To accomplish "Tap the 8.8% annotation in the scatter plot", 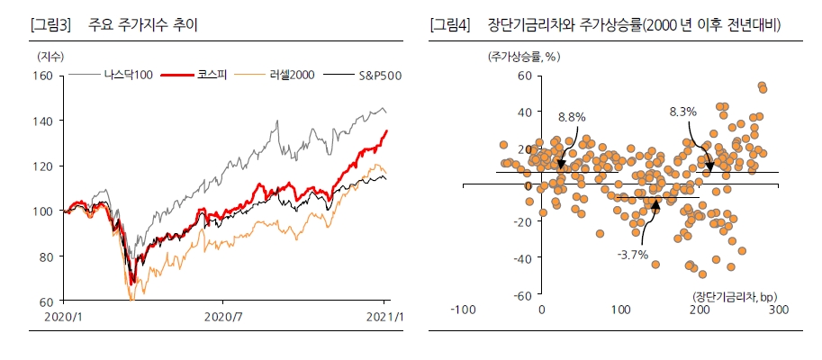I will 572,117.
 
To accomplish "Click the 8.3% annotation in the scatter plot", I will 682,112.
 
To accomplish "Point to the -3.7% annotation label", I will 632,256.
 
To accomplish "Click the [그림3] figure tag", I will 50,25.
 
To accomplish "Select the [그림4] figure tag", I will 450,25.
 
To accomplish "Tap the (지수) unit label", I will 50,56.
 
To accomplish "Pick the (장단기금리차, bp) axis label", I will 735,296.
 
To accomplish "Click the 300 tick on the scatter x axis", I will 778,310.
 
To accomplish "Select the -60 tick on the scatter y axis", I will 521,294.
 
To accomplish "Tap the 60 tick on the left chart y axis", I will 44,301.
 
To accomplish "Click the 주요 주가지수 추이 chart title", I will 144,25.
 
